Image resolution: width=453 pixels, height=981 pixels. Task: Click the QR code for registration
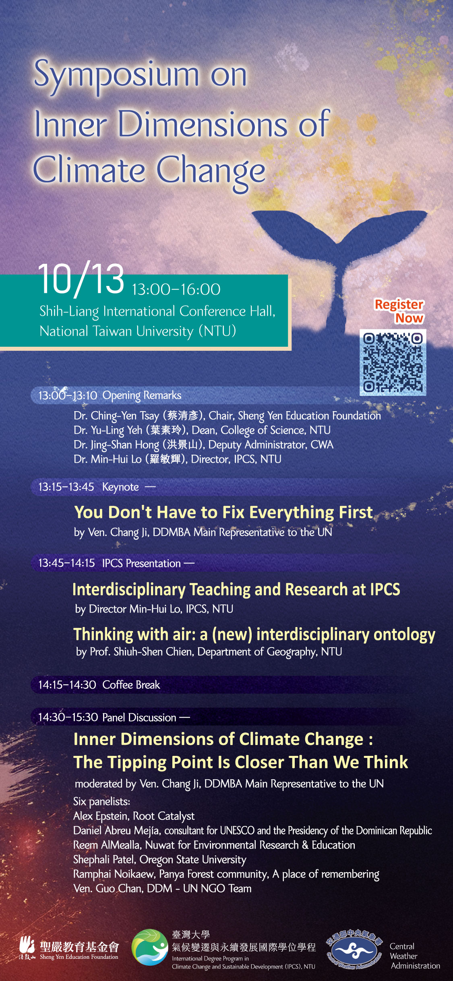393,362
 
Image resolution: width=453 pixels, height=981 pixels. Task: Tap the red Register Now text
399,311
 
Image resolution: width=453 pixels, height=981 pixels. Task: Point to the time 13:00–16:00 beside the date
176,289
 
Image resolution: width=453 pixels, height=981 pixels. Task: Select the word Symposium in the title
117,75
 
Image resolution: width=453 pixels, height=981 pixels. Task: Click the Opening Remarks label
142,395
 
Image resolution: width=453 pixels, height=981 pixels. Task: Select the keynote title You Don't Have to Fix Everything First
223,513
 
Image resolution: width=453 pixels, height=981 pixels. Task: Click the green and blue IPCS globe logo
150,947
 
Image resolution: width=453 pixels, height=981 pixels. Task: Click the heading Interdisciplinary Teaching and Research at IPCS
236,590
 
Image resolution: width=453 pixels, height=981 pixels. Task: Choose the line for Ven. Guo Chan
162,888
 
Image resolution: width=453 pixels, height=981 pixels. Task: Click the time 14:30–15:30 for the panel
68,717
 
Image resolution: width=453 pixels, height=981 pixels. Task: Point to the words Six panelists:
101,802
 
